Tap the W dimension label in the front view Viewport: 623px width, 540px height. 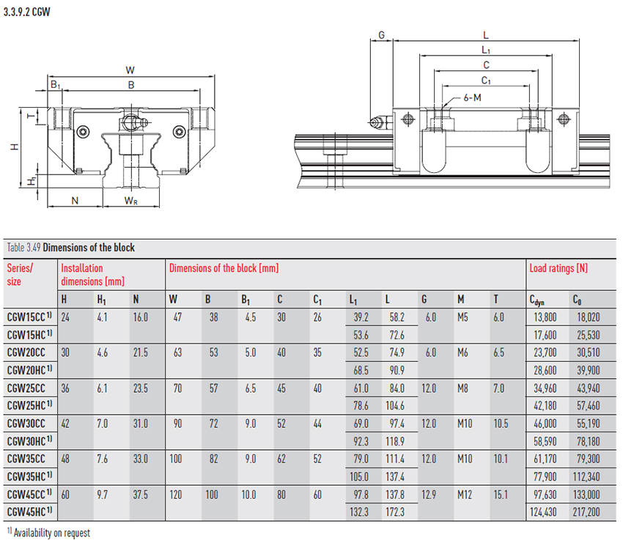pos(130,70)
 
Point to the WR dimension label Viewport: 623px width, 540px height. pos(129,200)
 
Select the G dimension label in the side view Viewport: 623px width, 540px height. pos(381,35)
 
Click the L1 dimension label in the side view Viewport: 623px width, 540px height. pos(486,50)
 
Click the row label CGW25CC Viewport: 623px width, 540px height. pos(26,388)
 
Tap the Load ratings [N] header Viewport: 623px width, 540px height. pos(559,268)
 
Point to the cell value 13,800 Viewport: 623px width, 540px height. pos(543,317)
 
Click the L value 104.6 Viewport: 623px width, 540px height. pos(396,405)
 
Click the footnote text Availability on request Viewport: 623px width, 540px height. pos(51,533)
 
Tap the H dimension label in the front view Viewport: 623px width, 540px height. pos(12,147)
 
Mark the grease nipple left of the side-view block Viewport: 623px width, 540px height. pos(377,122)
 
